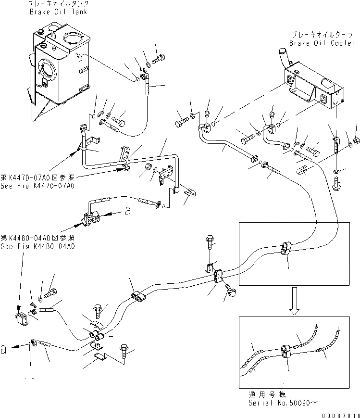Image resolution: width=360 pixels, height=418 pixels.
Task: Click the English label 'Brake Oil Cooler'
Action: coord(322,43)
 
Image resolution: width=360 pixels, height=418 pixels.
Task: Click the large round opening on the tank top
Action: coord(74,38)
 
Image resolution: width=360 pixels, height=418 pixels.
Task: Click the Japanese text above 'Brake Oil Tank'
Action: coord(53,3)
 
